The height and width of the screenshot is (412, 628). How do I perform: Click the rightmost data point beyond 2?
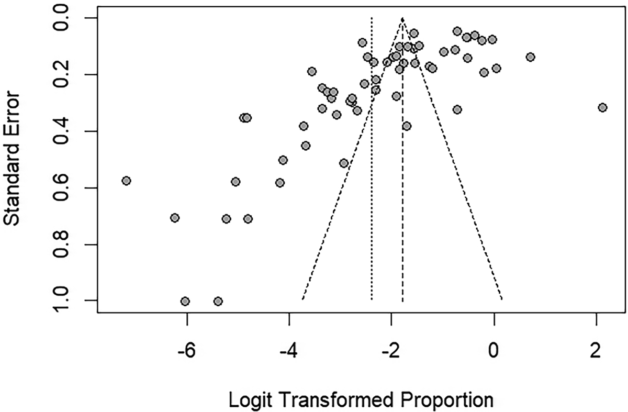602,107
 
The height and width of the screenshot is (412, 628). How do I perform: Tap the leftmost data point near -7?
126,181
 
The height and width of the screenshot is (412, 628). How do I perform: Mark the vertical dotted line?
372,157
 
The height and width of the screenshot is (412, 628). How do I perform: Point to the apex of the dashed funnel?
402,19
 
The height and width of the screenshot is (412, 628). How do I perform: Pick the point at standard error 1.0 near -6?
185,301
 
